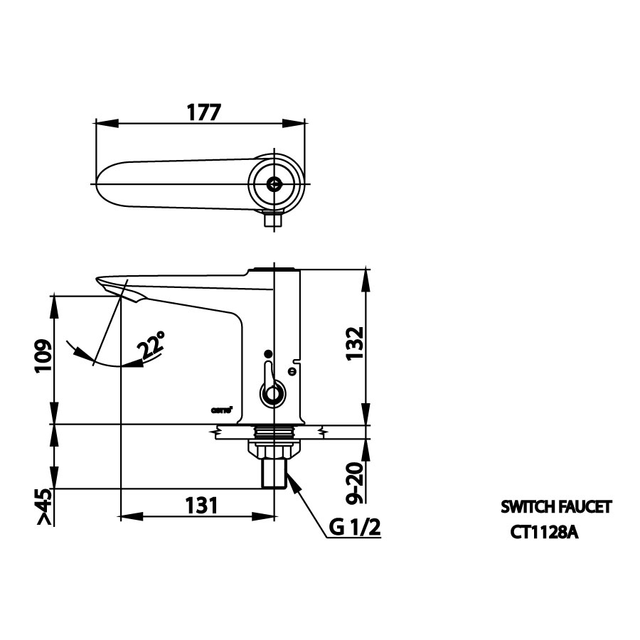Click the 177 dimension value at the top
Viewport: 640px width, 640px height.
tap(203, 112)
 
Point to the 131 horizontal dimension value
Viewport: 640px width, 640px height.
tap(201, 506)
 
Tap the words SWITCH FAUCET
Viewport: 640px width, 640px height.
tap(556, 507)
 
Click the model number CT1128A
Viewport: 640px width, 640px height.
tap(543, 532)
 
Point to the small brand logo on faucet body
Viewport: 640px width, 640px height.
tap(222, 408)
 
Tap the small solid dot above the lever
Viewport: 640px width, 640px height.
tap(267, 353)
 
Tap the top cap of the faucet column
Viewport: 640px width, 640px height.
tap(274, 269)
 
